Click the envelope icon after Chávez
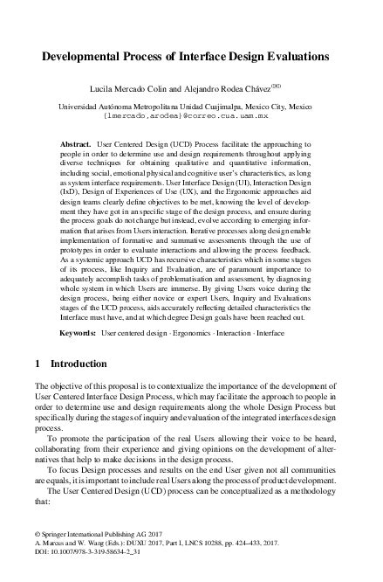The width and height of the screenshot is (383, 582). pyautogui.click(x=299, y=85)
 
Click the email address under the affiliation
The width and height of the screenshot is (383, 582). pyautogui.click(x=191, y=114)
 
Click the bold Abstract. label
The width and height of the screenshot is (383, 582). pyautogui.click(x=76, y=141)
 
